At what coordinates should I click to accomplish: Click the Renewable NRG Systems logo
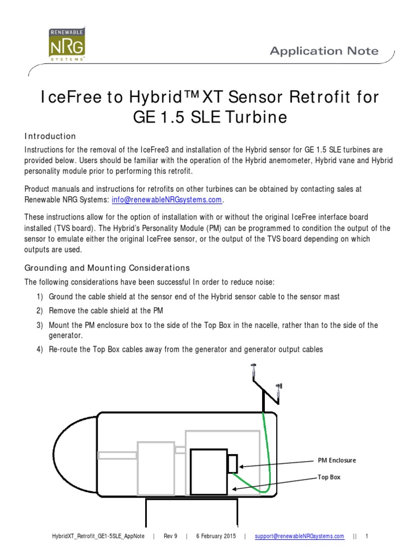[x=66, y=45]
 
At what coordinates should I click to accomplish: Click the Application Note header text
[x=324, y=51]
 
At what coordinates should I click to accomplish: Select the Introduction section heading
[x=50, y=136]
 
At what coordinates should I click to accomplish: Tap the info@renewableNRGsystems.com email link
[x=167, y=199]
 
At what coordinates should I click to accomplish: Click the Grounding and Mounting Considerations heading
[x=107, y=268]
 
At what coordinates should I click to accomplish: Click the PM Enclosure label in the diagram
[x=337, y=460]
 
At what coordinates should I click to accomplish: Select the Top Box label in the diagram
[x=329, y=477]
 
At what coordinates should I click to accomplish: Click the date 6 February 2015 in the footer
[x=215, y=537]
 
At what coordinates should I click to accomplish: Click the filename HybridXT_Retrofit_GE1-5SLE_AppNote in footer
[x=97, y=537]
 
